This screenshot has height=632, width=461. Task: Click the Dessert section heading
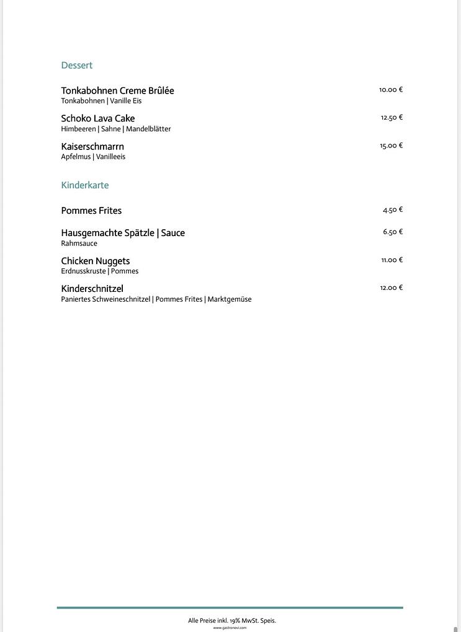pyautogui.click(x=76, y=65)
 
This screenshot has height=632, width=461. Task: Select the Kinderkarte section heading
pyautogui.click(x=84, y=185)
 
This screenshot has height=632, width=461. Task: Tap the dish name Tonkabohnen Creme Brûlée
pyautogui.click(x=117, y=90)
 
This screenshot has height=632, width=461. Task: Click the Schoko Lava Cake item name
pyautogui.click(x=97, y=118)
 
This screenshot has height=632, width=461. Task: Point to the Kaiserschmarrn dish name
pyautogui.click(x=92, y=147)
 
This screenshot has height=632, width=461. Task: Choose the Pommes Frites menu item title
pyautogui.click(x=91, y=211)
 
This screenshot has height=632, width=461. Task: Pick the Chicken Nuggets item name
pyautogui.click(x=95, y=261)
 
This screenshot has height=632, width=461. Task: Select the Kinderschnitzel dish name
pyautogui.click(x=92, y=289)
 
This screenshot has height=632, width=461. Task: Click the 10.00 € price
pyautogui.click(x=391, y=90)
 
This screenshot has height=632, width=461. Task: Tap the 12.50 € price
pyautogui.click(x=392, y=118)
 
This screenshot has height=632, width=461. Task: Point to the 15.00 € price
pyautogui.click(x=391, y=146)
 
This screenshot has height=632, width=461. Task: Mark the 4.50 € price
pyautogui.click(x=393, y=210)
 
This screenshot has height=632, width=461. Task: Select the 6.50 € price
pyautogui.click(x=393, y=232)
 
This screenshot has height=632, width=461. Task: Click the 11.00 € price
pyautogui.click(x=392, y=260)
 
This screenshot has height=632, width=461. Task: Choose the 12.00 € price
pyautogui.click(x=391, y=288)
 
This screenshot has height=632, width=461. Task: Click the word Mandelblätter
pyautogui.click(x=148, y=129)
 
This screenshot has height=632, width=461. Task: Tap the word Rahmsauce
pyautogui.click(x=79, y=244)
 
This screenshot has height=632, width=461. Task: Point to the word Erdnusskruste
pyautogui.click(x=83, y=271)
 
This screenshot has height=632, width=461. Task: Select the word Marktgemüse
pyautogui.click(x=230, y=299)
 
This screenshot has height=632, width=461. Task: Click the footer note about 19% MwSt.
pyautogui.click(x=232, y=620)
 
